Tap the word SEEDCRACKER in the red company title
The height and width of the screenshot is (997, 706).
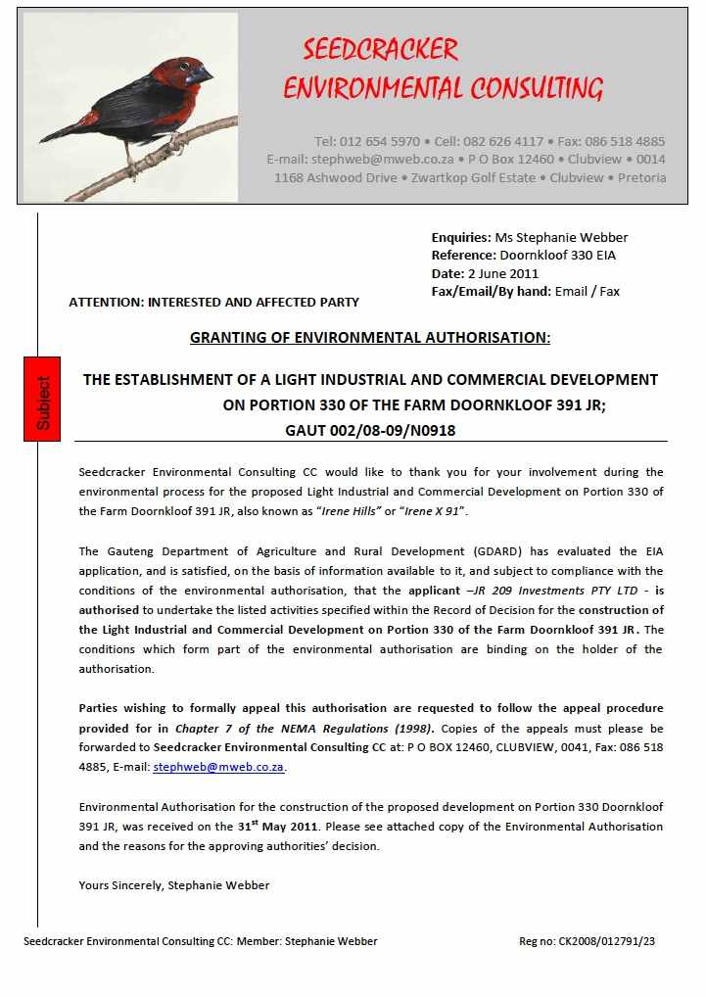pos(380,50)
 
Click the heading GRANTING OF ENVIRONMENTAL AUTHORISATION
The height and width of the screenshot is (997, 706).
pos(370,338)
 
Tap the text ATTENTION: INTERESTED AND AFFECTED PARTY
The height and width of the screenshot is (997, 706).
pos(213,303)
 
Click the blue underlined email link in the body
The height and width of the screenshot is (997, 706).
pos(218,767)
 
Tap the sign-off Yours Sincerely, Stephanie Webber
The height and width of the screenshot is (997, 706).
pos(173,885)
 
